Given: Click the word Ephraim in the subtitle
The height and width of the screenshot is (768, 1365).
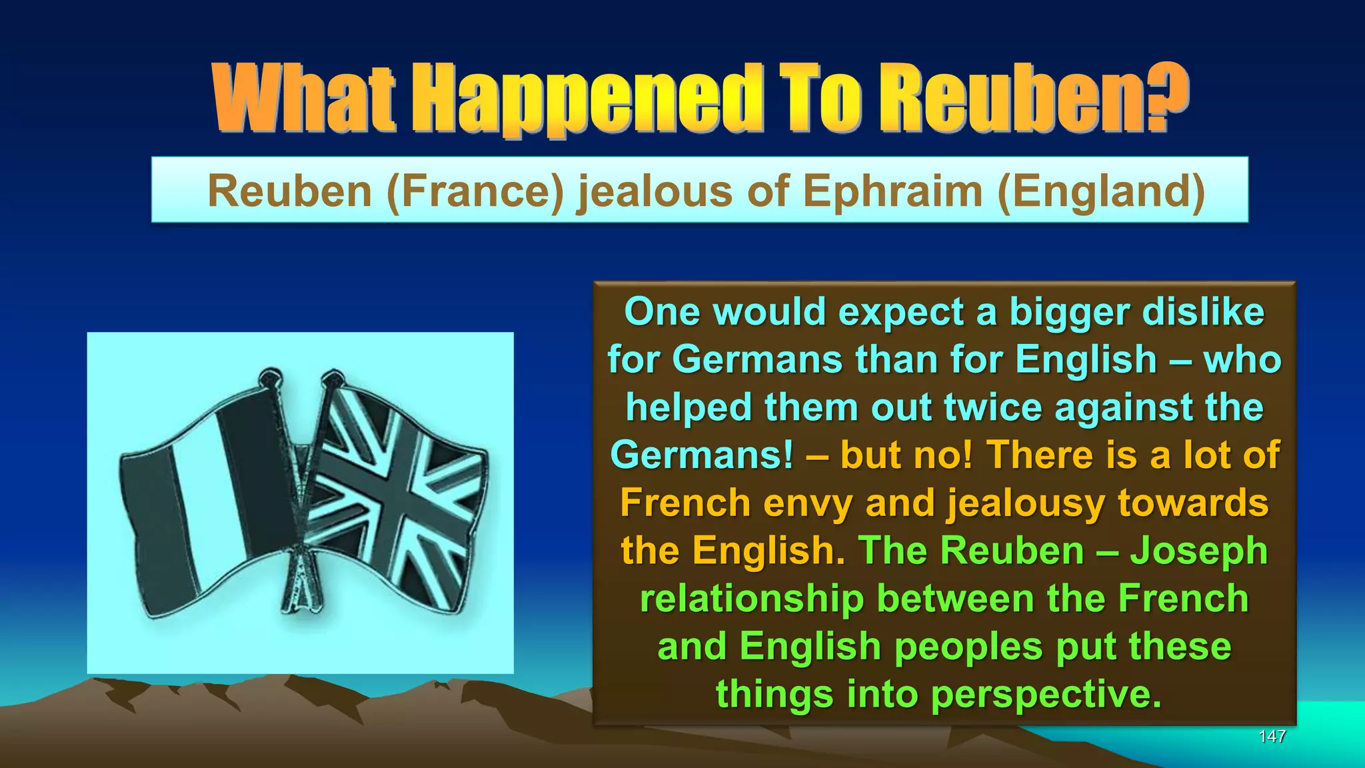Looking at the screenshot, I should click(x=893, y=191).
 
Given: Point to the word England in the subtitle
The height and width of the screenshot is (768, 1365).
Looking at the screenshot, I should click(x=1101, y=191).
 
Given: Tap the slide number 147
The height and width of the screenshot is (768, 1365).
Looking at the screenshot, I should click(x=1272, y=737).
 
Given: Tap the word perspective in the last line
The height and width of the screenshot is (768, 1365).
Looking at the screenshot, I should click(x=1046, y=695).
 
